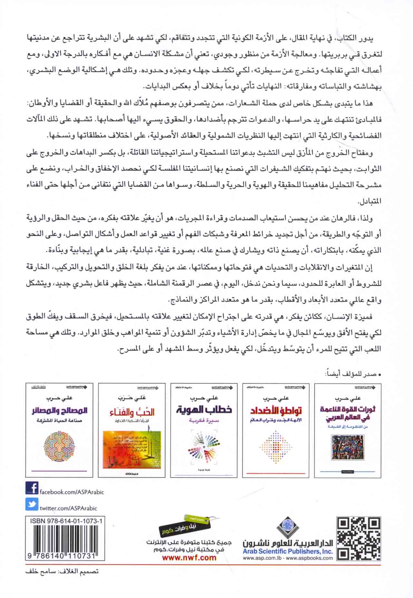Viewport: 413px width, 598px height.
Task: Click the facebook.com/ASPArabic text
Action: coord(72,492)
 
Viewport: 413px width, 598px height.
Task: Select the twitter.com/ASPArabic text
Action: coord(68,508)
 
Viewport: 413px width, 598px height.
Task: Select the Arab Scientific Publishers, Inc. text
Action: coord(288,551)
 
